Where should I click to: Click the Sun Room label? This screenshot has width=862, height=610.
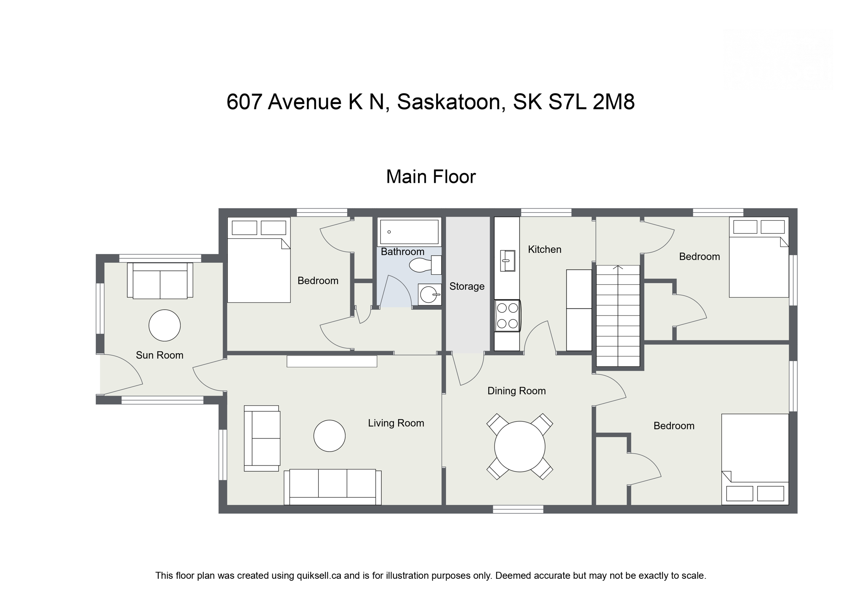[160, 355]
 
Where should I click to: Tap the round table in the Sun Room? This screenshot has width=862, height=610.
[165, 325]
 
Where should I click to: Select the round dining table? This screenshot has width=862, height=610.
[519, 446]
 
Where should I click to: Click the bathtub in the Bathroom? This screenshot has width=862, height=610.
[409, 232]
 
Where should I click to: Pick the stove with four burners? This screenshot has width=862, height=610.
[507, 316]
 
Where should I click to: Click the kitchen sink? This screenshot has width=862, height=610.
[507, 261]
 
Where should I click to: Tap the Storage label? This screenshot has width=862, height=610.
[467, 286]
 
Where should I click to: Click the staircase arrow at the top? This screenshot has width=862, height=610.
[618, 267]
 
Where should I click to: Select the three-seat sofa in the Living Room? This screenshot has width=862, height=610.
[333, 487]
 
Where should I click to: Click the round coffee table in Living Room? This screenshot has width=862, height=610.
[329, 436]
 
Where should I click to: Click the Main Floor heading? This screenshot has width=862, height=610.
[431, 177]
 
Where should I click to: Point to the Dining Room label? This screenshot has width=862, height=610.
[516, 391]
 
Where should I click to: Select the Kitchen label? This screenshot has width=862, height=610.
[545, 249]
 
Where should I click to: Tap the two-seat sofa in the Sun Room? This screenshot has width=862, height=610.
[160, 281]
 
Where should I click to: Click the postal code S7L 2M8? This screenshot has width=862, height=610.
[592, 102]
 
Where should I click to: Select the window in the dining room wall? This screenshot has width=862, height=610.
[518, 509]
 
